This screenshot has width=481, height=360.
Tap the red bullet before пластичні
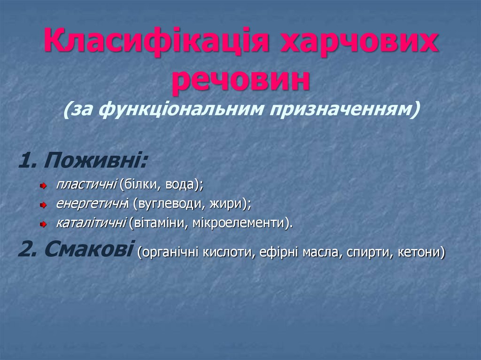(x=43, y=186)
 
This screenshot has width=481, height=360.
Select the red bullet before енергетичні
(x=43, y=205)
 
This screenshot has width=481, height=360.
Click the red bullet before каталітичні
(x=43, y=224)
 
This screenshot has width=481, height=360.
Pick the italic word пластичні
(x=86, y=185)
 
